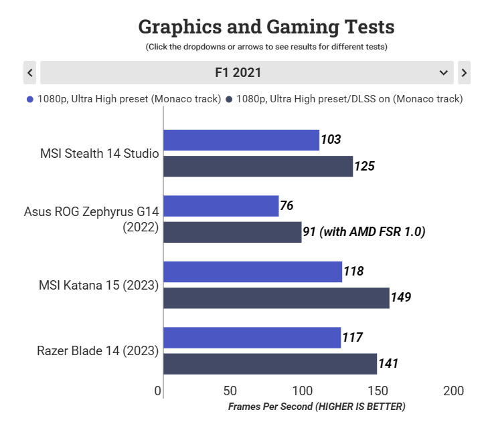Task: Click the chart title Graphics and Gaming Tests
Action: point(266,27)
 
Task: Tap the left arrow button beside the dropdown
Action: point(29,72)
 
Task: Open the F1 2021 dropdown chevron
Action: point(443,72)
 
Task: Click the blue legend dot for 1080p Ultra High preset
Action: point(29,100)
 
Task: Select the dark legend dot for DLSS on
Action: point(229,100)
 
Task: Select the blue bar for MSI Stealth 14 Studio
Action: point(241,140)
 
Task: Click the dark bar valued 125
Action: point(258,167)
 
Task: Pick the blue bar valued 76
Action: point(221,206)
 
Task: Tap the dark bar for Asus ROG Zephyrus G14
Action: point(232,232)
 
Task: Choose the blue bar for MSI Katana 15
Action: point(252,272)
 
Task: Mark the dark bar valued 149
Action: point(276,298)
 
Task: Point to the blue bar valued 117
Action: point(252,338)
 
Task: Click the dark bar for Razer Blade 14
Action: point(270,364)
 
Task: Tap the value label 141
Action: point(388,364)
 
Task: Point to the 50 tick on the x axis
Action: point(230,391)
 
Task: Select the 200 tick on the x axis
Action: point(453,391)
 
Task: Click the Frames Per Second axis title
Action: point(317,406)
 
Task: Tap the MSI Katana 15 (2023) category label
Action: point(99,285)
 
